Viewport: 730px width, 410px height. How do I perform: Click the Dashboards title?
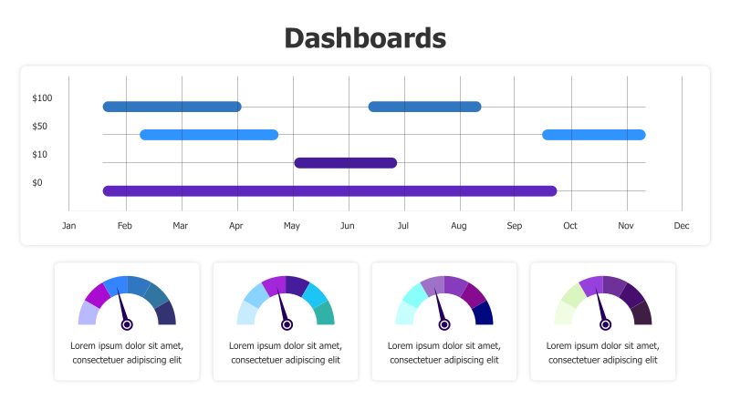point(365,38)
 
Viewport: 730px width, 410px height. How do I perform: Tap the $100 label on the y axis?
point(42,98)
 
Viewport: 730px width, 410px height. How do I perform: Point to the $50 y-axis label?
point(39,127)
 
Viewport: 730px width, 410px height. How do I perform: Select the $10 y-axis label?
point(39,155)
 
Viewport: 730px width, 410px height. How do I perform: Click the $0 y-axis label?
point(37,183)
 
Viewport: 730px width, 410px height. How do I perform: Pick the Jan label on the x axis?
point(68,226)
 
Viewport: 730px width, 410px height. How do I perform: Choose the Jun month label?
point(347,226)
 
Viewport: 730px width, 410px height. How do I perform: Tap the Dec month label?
point(681,226)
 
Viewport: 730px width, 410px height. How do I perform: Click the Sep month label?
point(515,226)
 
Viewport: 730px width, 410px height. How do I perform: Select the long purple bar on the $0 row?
point(329,191)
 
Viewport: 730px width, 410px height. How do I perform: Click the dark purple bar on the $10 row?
point(345,163)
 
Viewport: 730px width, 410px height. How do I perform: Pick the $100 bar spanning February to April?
point(172,107)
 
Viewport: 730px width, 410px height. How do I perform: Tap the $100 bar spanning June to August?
point(424,107)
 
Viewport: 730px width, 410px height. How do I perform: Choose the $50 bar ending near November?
point(594,135)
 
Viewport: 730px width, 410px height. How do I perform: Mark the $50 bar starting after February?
point(209,135)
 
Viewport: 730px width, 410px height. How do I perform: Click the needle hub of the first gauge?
point(127,324)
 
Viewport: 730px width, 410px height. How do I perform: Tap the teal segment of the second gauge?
point(325,313)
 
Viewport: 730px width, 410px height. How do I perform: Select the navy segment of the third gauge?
point(484,313)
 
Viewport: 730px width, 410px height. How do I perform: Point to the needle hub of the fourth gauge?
point(603,324)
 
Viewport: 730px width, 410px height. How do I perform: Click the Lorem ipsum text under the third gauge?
point(444,353)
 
